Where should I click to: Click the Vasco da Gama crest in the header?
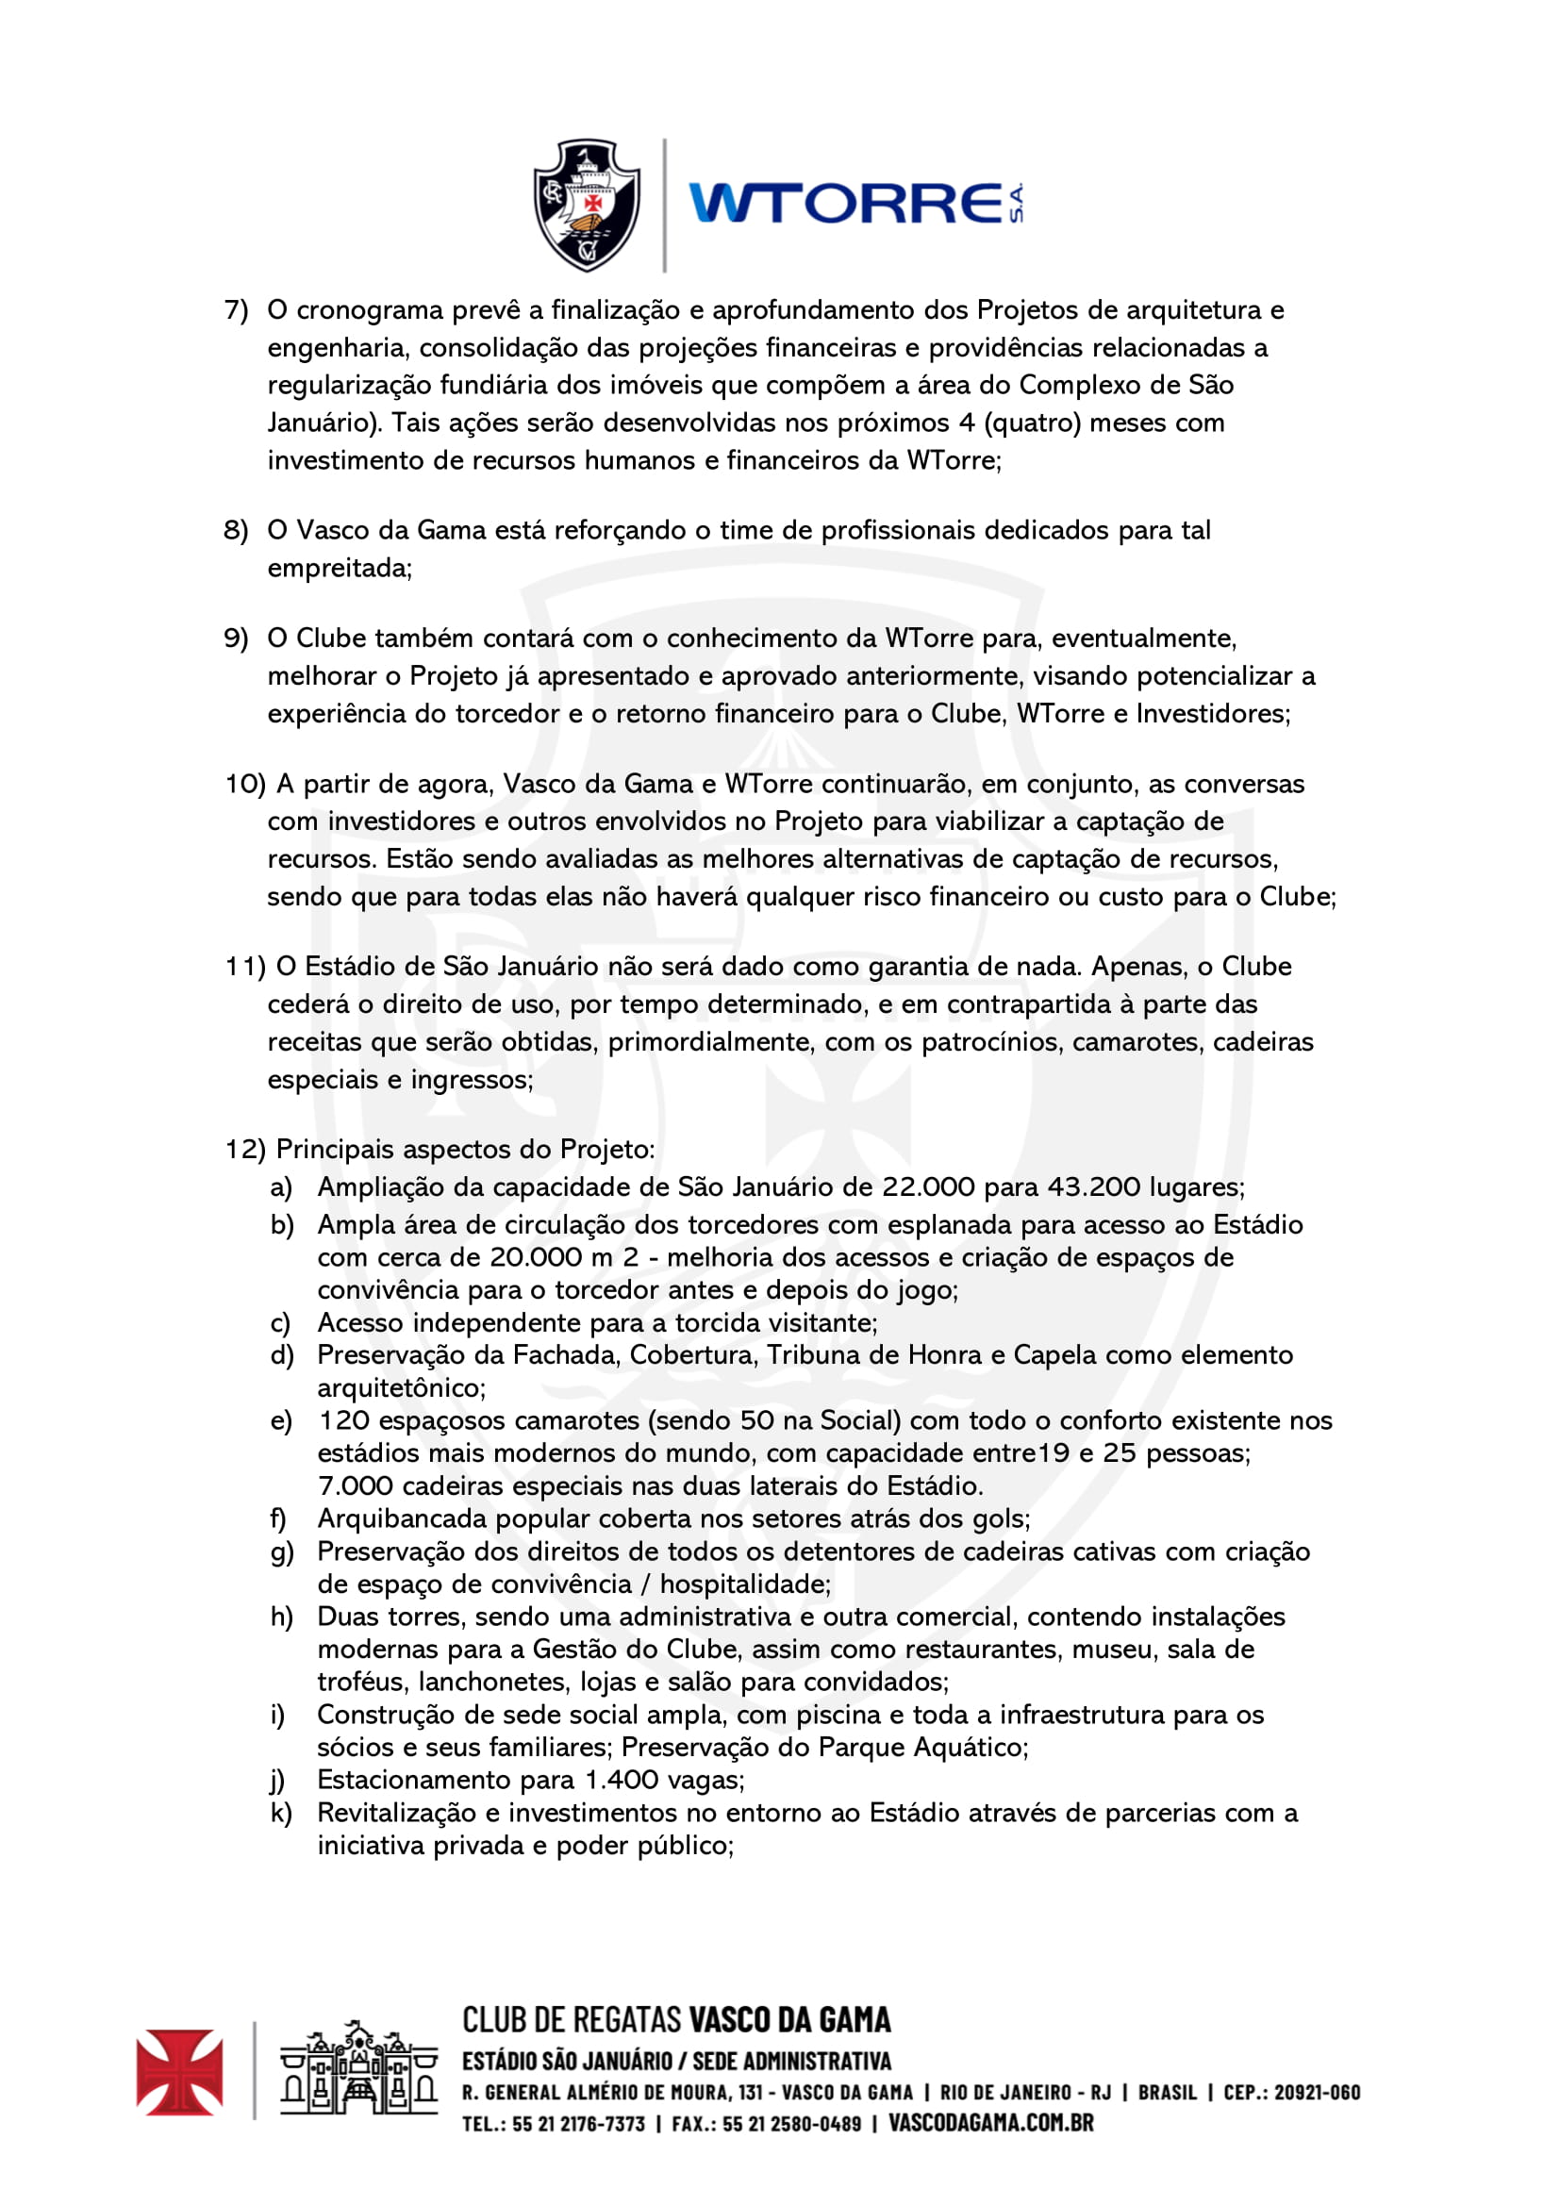[587, 205]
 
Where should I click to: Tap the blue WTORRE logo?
[855, 204]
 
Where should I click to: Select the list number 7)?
[237, 310]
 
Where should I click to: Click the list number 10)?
[245, 784]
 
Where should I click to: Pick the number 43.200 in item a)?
[1093, 1187]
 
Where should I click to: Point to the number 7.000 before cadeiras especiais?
[356, 1486]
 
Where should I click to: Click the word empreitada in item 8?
[340, 569]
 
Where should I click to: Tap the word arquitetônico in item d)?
[402, 1388]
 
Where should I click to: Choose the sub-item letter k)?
[280, 1813]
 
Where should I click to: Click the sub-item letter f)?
[278, 1519]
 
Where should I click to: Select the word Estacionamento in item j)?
[415, 1781]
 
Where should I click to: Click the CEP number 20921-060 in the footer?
[1316, 2092]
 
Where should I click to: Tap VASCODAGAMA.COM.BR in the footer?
[990, 2122]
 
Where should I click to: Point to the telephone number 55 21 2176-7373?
[578, 2123]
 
